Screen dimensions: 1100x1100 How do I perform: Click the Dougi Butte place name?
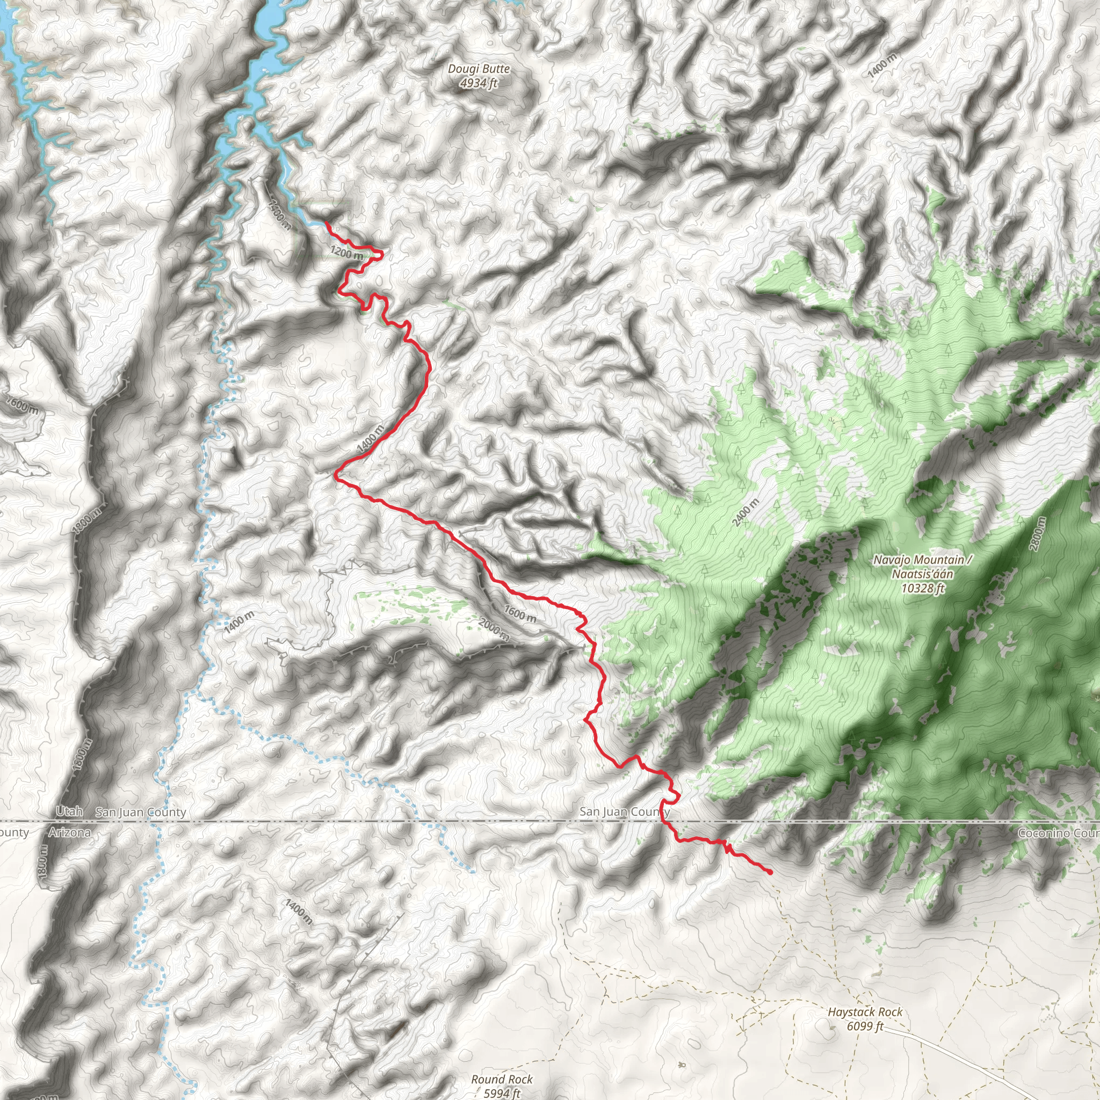pos(479,69)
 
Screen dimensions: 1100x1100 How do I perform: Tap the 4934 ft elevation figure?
pos(479,83)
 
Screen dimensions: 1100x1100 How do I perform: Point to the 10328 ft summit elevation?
pos(923,588)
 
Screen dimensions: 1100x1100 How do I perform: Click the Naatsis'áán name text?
pos(922,574)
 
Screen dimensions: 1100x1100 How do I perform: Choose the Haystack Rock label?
pos(865,1012)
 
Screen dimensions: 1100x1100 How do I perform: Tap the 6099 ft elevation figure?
pos(865,1026)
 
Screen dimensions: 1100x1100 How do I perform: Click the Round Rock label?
pos(502,1079)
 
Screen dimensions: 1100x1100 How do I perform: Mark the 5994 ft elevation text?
pos(502,1092)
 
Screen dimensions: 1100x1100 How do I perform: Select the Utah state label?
pos(69,810)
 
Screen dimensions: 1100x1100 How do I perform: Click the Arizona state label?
pos(69,833)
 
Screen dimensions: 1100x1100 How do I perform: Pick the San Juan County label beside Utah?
pos(141,812)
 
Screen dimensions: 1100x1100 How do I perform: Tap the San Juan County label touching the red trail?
pos(624,812)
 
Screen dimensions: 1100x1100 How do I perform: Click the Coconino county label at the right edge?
pos(1059,833)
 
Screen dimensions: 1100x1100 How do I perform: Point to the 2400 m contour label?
pos(746,512)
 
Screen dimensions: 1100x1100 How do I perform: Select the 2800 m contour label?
pos(1038,533)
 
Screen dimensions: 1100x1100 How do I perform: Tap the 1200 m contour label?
pos(346,252)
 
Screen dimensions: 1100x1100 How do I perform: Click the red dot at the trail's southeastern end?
pos(770,872)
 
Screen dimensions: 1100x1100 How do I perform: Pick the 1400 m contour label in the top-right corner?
pos(882,64)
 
